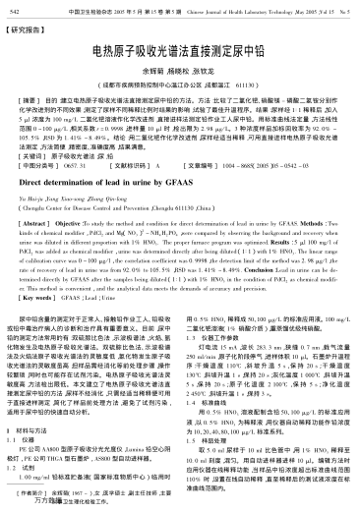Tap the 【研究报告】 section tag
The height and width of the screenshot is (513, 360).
pos(30,29)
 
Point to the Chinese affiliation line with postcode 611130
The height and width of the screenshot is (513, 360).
pos(179,86)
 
